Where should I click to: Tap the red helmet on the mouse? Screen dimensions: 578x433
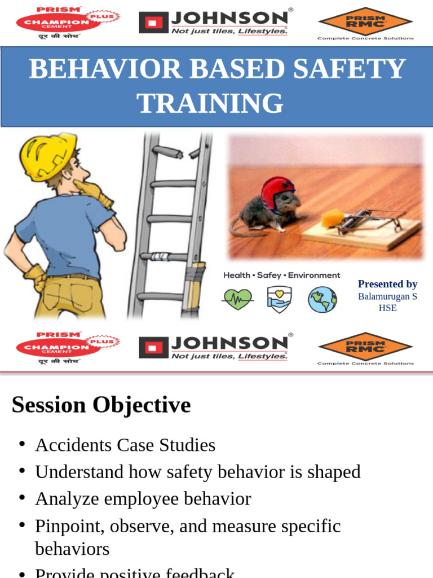point(277,191)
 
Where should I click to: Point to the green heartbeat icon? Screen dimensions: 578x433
point(238,299)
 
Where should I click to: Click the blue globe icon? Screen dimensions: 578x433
point(322,299)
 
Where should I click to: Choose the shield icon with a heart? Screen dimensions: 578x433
point(279,299)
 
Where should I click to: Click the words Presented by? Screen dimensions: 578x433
point(387,284)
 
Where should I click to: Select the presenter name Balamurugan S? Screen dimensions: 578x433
point(387,296)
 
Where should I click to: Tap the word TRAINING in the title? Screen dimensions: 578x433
point(210,103)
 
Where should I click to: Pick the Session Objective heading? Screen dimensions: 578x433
point(101,405)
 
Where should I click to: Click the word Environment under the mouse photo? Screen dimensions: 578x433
point(314,275)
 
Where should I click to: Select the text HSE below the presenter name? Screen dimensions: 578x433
point(387,308)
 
